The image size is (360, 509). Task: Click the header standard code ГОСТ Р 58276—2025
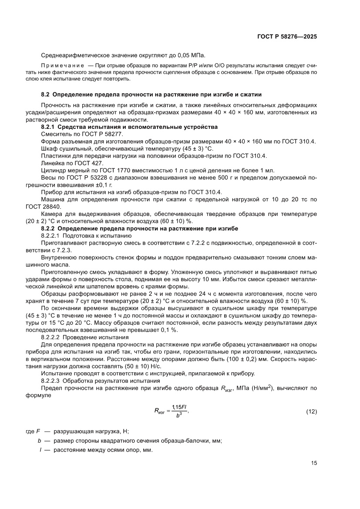[286, 37]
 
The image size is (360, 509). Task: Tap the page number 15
[313, 463]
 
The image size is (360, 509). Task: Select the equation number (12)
[312, 411]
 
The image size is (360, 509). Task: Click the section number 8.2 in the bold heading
[46, 94]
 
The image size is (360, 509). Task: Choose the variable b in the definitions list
[40, 441]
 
